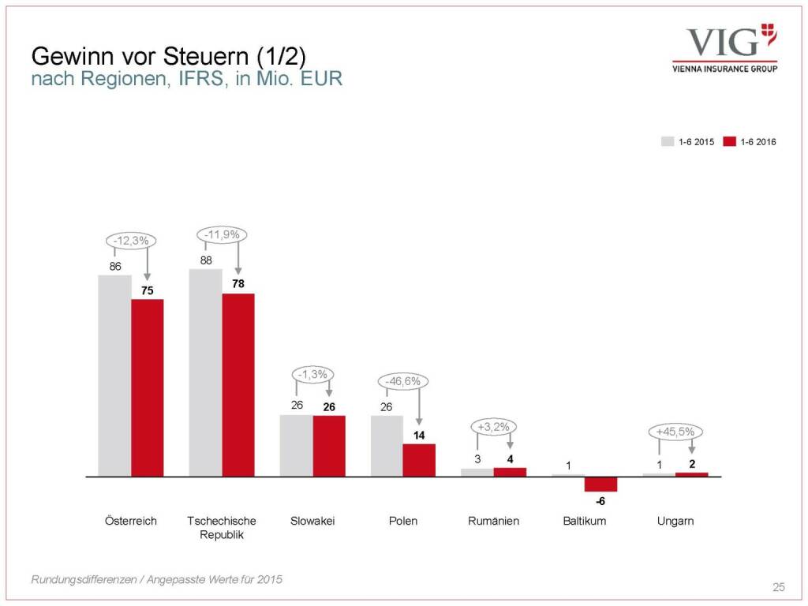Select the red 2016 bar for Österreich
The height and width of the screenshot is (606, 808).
pyautogui.click(x=148, y=387)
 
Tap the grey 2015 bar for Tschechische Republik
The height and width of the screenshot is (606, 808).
pyautogui.click(x=205, y=372)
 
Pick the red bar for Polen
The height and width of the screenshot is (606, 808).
pyautogui.click(x=419, y=460)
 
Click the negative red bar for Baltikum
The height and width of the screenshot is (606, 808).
pyautogui.click(x=600, y=484)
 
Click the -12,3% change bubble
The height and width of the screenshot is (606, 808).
pyautogui.click(x=131, y=241)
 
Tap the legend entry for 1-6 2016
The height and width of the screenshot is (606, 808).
pyautogui.click(x=750, y=142)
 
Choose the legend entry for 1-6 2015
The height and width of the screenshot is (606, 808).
pyautogui.click(x=689, y=142)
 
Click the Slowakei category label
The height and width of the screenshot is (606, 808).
pyautogui.click(x=312, y=521)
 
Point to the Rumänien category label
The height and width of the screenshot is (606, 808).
pyautogui.click(x=493, y=521)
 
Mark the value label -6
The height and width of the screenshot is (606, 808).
pyautogui.click(x=600, y=501)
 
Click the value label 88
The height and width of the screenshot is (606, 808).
pyautogui.click(x=206, y=259)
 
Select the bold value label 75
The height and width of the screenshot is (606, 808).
pyautogui.click(x=148, y=290)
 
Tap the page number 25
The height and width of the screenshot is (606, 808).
pyautogui.click(x=778, y=586)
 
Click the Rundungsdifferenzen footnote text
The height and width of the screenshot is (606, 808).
pyautogui.click(x=156, y=580)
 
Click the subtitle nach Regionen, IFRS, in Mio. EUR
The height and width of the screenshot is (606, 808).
pyautogui.click(x=186, y=80)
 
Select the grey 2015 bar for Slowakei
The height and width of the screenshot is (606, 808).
pyautogui.click(x=297, y=446)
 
